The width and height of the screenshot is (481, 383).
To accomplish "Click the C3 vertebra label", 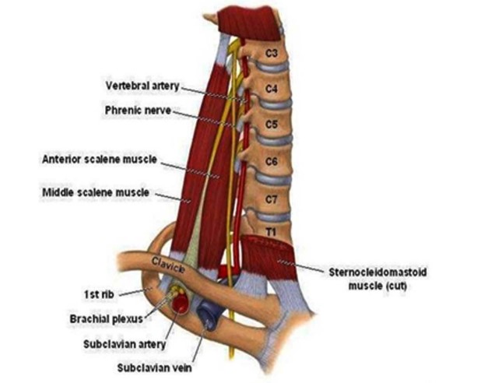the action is coord(272,54).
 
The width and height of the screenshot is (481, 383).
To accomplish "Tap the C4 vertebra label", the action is coord(272,89).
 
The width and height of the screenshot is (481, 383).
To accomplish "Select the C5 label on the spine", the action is coord(272,125).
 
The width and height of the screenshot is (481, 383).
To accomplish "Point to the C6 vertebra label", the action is coord(272,161).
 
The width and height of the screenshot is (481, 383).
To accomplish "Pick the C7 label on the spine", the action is coord(272,199).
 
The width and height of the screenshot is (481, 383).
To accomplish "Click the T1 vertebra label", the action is coord(271,232).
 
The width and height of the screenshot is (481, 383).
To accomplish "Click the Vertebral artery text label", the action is coord(142,86).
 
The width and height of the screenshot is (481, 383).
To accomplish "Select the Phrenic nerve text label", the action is coord(138,111).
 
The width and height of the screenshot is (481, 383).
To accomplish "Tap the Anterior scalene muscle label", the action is coord(100,160).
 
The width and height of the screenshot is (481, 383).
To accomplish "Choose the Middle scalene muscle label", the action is coord(96,193).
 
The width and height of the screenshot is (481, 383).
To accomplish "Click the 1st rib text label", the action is coord(99,295).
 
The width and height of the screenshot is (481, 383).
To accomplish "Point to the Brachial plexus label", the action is coord(107,319).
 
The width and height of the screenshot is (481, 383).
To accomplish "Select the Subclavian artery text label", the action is coord(125,344).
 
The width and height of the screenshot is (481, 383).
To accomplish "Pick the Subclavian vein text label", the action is coord(154,368).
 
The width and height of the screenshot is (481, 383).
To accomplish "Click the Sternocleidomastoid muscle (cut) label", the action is coord(377,279).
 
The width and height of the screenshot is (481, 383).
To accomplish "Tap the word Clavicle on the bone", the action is coord(168,265).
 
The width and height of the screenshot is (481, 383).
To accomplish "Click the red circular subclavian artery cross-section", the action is coord(180,303).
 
